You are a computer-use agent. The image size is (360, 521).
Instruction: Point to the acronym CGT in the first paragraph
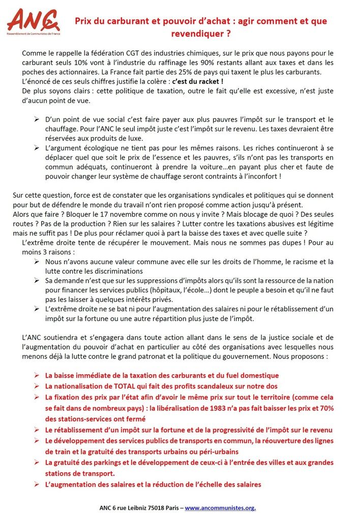(126, 53)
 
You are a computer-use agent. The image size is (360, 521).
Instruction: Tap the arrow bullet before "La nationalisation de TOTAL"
(36, 386)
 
